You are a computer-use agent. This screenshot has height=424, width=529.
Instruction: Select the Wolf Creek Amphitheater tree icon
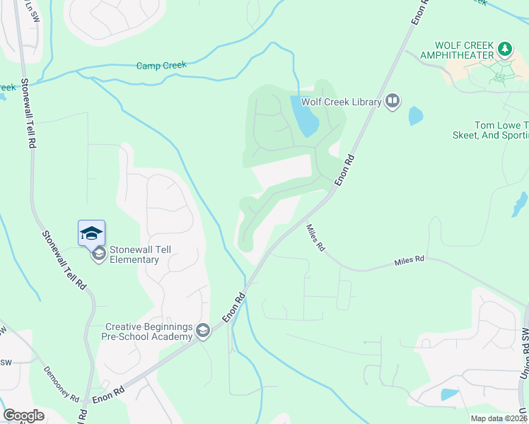coord(504,49)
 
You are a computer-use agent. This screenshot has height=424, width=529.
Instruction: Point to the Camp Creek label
coord(161,66)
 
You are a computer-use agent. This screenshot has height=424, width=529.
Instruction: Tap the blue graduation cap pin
coord(91,232)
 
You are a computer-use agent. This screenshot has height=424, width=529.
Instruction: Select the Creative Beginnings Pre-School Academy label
coord(149,331)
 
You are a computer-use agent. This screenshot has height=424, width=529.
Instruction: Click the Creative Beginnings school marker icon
coord(203,331)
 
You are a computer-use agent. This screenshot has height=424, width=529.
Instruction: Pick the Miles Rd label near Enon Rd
coord(315,238)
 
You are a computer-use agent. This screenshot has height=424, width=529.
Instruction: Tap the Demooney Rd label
coord(61,383)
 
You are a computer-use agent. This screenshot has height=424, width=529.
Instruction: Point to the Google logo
coord(23,416)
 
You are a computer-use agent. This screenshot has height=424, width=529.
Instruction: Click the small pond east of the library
coord(416,116)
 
